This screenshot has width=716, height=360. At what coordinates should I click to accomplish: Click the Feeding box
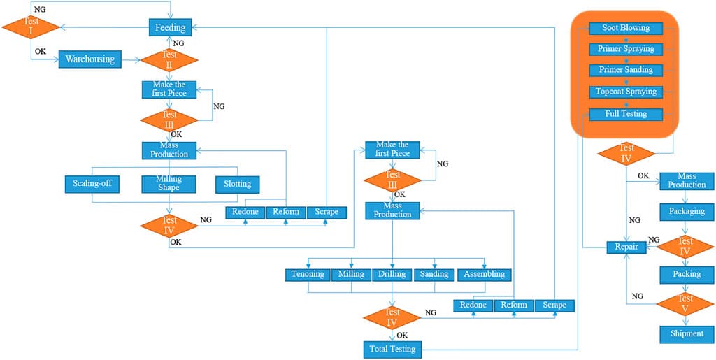(x=171, y=28)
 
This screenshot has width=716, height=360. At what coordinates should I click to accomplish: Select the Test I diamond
(x=30, y=27)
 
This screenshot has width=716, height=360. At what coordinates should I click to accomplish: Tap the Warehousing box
(x=89, y=59)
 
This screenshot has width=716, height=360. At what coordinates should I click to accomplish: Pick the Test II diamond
(x=169, y=59)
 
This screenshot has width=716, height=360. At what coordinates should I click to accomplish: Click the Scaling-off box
(x=92, y=185)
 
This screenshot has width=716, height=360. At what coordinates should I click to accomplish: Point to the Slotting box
(x=238, y=185)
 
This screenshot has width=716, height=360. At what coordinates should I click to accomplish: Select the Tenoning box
(x=308, y=274)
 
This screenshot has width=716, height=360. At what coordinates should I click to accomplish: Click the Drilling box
(x=392, y=274)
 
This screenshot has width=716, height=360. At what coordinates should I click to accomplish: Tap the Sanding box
(x=434, y=274)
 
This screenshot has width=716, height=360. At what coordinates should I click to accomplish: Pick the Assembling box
(x=485, y=274)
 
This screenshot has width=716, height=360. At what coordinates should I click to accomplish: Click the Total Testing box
(x=392, y=348)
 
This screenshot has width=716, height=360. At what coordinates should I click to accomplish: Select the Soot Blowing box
(x=626, y=28)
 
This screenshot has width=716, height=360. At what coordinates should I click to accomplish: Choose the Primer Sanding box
(x=626, y=70)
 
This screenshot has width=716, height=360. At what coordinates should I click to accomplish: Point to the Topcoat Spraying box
(x=626, y=92)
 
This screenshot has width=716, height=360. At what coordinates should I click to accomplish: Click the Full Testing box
(x=626, y=113)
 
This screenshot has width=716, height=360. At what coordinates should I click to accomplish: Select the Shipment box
(x=687, y=333)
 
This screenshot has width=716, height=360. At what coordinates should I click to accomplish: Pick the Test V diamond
(x=686, y=303)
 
